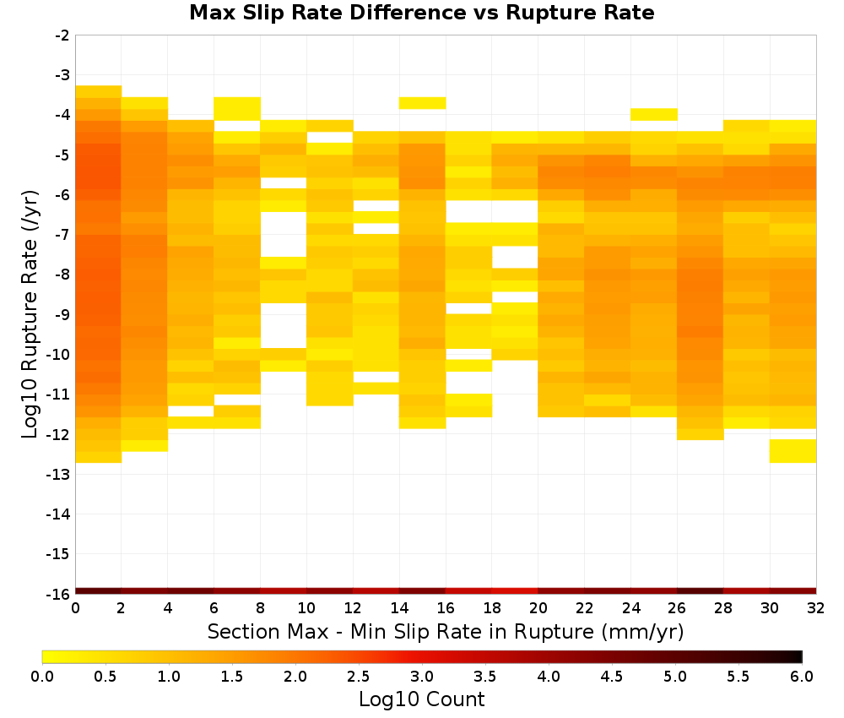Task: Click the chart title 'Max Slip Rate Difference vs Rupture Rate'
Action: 421,13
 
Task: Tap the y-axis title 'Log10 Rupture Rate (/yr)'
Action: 30,314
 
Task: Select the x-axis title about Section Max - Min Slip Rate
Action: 446,631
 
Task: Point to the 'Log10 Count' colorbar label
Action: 421,699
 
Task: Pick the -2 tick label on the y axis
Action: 62,35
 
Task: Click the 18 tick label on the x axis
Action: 492,608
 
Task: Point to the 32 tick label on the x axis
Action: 816,608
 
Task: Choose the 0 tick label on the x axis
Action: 75,608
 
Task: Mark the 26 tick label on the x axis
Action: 677,608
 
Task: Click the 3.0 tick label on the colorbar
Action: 422,676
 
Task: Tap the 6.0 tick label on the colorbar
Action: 802,676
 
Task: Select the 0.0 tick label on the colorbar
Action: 42,676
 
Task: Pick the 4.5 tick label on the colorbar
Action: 611,676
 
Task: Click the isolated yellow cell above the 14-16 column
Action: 423,103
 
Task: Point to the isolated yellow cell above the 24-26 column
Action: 654,114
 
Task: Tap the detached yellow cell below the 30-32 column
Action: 793,451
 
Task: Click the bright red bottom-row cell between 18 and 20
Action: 515,591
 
